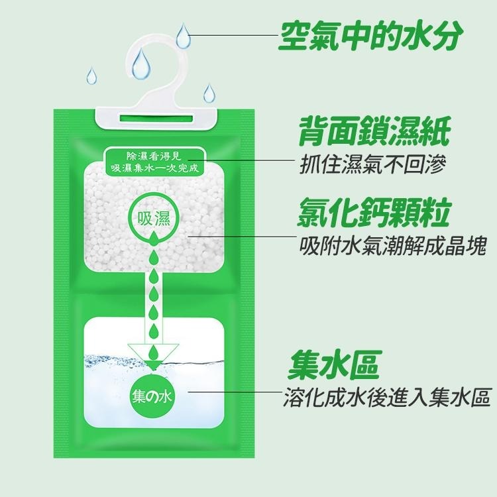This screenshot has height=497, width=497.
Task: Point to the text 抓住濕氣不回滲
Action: click(x=372, y=162)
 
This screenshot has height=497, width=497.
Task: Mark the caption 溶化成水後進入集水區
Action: click(x=386, y=397)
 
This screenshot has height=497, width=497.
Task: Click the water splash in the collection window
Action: click(x=113, y=362)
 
